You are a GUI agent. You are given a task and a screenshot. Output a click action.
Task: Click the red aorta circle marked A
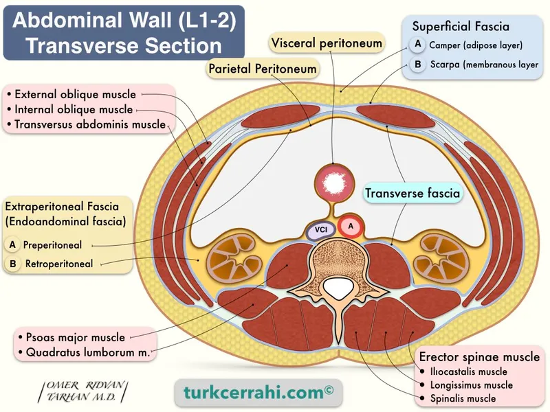click(351, 226)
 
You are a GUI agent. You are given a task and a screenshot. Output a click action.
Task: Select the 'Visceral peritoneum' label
click(327, 43)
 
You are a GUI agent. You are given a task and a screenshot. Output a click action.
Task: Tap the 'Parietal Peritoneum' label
click(262, 68)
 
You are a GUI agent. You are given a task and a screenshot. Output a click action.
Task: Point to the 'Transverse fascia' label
click(412, 193)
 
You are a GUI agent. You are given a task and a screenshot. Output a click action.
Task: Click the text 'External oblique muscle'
click(75, 94)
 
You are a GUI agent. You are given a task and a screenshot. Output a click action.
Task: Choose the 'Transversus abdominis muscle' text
click(89, 124)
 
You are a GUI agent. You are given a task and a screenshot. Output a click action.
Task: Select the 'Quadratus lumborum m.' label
click(83, 352)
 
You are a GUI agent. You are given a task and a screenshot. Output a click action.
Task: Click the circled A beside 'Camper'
click(417, 44)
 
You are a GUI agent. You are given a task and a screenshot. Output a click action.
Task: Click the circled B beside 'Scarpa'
click(417, 65)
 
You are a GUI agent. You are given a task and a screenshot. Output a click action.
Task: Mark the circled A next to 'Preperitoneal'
click(12, 244)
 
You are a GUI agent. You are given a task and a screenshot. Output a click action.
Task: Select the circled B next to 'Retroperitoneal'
click(12, 263)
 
